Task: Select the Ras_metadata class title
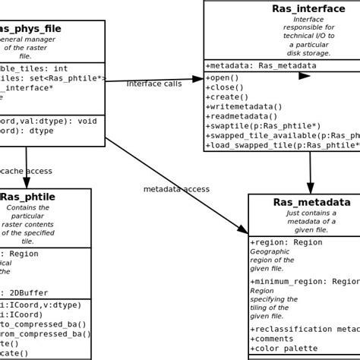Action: point(311,202)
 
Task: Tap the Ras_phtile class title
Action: point(28,197)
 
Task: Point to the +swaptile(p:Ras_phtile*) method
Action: point(263,126)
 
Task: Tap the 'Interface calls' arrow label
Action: point(154,84)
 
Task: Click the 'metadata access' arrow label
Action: point(176,189)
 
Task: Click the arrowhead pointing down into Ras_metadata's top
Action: point(311,188)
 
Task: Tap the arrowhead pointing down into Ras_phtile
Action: point(27,182)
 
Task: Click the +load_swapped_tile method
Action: point(281,146)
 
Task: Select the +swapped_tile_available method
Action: point(281,136)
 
